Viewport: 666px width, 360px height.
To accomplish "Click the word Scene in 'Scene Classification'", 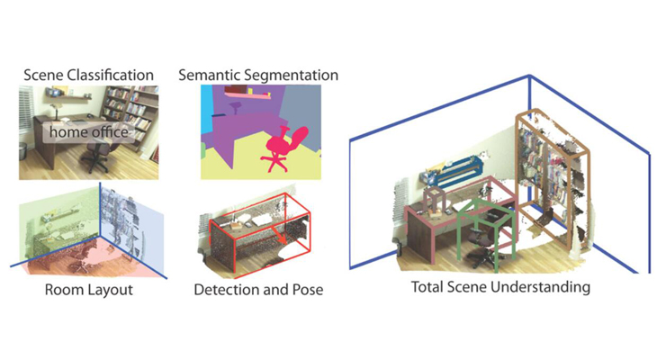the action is tap(43, 75).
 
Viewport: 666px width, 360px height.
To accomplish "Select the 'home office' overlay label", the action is tap(88, 132).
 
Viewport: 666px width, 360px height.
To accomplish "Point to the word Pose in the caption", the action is tap(308, 290).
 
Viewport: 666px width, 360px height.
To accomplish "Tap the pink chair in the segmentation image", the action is tap(283, 148).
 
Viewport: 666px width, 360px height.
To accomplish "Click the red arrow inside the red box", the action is tap(278, 236).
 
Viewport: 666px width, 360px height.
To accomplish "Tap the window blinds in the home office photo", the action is tap(25, 112).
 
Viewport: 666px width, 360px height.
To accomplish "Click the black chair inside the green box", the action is tap(482, 247).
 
